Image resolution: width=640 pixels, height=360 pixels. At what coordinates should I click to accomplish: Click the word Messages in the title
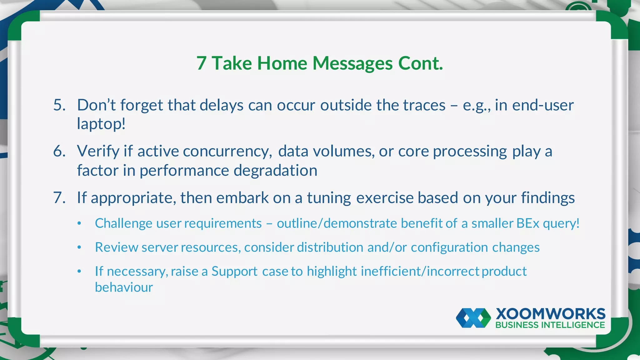[x=352, y=63]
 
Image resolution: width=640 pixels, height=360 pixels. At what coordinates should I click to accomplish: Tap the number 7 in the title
[x=202, y=63]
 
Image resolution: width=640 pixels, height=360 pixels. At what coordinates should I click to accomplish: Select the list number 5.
[x=59, y=105]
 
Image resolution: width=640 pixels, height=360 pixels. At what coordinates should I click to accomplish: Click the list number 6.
[x=59, y=151]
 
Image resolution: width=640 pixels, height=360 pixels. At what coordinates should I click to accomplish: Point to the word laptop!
[x=101, y=124]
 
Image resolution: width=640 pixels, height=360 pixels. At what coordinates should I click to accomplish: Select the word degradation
[x=275, y=171]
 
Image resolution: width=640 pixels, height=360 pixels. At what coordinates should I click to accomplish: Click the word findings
[x=547, y=198]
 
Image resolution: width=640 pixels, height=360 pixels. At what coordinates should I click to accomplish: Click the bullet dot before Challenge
[x=79, y=223]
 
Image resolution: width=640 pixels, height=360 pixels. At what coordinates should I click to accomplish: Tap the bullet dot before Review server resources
[x=79, y=247]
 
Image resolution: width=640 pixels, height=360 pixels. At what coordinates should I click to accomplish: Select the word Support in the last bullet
[x=234, y=272]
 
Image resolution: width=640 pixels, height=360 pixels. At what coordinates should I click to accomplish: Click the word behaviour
[x=124, y=287]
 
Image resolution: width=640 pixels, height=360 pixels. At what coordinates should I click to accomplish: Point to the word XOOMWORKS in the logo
[x=550, y=314]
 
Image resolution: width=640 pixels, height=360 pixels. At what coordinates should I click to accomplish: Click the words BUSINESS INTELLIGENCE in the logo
[x=550, y=325]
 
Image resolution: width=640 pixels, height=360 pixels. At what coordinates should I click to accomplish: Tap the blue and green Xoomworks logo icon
[x=473, y=318]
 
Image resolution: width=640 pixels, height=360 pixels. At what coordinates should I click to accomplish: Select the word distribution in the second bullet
[x=330, y=247]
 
